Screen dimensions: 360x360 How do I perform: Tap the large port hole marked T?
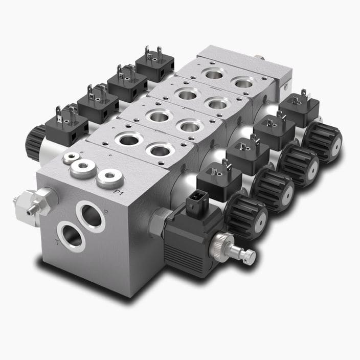coord(71,236)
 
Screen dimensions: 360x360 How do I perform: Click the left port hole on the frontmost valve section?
coord(125,140)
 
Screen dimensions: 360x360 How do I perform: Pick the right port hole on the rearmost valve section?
coord(243,83)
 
